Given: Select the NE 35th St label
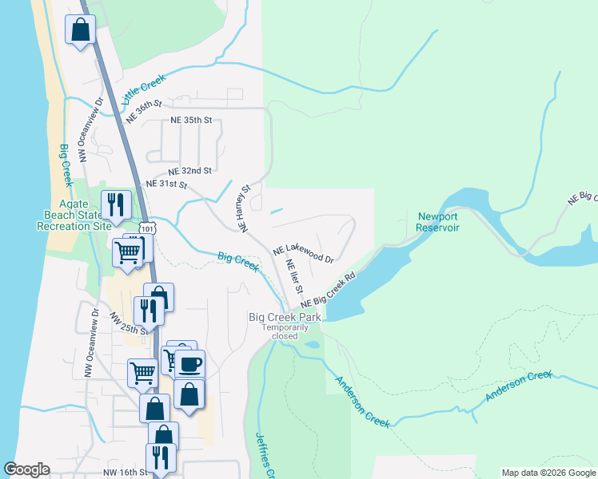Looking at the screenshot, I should click(191, 121).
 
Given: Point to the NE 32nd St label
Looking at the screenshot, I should click(189, 171).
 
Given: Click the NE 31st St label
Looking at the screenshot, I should click(166, 184).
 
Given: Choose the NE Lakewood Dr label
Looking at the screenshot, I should click(303, 254).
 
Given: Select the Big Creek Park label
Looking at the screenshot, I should click(285, 317).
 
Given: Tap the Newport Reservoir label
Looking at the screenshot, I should click(437, 222).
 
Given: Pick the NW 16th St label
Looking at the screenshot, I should click(123, 473).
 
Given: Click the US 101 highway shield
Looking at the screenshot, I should click(146, 229).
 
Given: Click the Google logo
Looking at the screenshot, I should click(27, 469).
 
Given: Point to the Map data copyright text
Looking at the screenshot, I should click(548, 473).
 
